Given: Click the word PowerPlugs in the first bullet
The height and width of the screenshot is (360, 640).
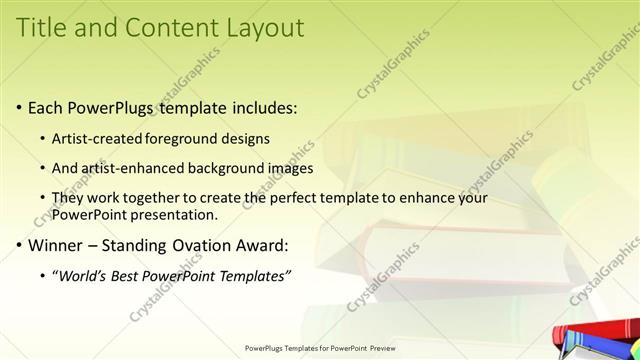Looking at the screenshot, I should click(x=112, y=107).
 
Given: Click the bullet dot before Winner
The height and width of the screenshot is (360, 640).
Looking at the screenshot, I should click(x=20, y=245).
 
